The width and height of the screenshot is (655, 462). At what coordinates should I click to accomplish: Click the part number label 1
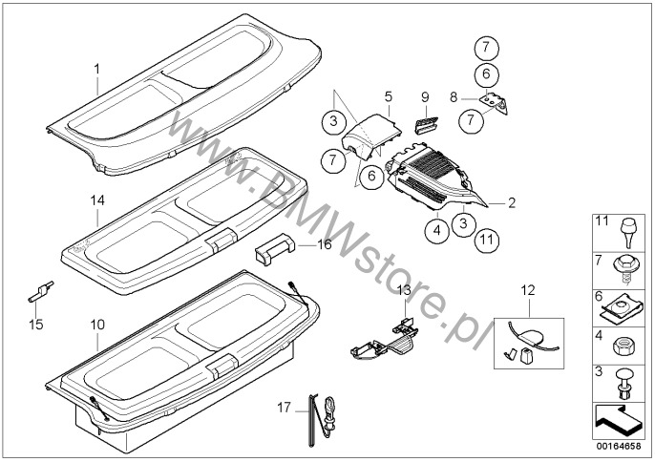pyautogui.click(x=97, y=69)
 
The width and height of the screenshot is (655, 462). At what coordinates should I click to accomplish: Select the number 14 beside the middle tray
pyautogui.click(x=97, y=200)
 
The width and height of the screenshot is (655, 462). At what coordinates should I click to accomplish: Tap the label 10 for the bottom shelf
pyautogui.click(x=97, y=325)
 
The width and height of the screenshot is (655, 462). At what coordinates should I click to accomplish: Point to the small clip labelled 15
pyautogui.click(x=40, y=291)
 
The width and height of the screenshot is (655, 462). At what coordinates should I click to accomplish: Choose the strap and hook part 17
pyautogui.click(x=321, y=419)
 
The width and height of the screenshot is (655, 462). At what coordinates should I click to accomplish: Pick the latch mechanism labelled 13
pyautogui.click(x=384, y=338)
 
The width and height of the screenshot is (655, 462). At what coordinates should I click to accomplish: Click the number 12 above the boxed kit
pyautogui.click(x=528, y=290)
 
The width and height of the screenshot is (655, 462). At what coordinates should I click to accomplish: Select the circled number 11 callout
pyautogui.click(x=487, y=241)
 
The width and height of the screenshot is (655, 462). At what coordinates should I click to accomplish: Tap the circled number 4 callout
pyautogui.click(x=437, y=230)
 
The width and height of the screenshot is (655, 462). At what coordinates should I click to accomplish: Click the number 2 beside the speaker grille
pyautogui.click(x=512, y=202)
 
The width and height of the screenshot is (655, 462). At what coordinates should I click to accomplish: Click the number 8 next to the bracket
pyautogui.click(x=454, y=97)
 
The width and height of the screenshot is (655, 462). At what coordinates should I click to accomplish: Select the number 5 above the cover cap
pyautogui.click(x=389, y=97)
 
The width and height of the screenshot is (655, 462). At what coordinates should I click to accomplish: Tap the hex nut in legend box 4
pyautogui.click(x=623, y=346)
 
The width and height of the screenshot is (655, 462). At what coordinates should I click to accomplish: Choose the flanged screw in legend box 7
pyautogui.click(x=624, y=269)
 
